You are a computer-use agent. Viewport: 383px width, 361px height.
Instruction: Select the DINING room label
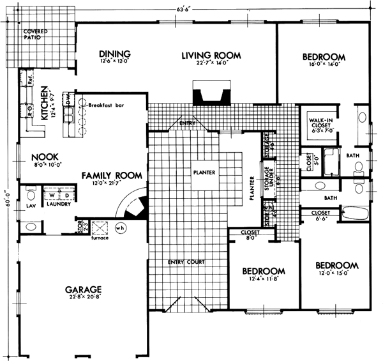click(x=115, y=54)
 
